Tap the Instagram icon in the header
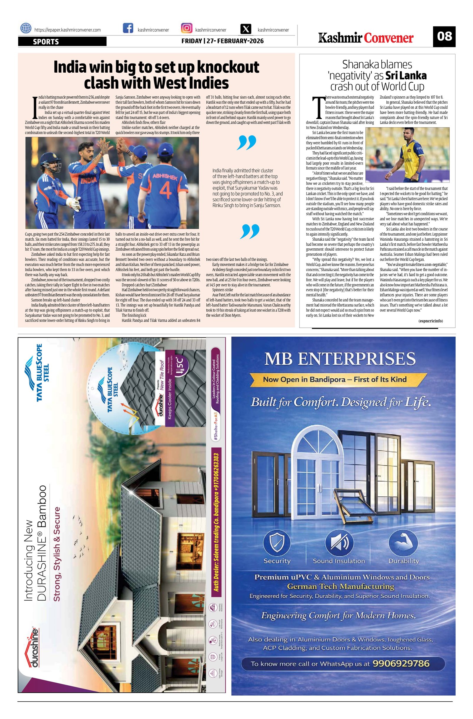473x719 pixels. pyautogui.click(x=187, y=28)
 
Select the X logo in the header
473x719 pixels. pyautogui.click(x=247, y=29)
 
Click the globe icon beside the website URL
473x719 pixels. pyautogui.click(x=26, y=28)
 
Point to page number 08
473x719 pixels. pyautogui.click(x=444, y=36)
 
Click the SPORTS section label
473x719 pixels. pyautogui.click(x=46, y=42)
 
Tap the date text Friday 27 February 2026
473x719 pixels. pyautogui.click(x=222, y=41)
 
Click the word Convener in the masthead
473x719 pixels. pyautogui.click(x=389, y=38)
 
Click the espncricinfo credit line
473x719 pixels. pyautogui.click(x=430, y=321)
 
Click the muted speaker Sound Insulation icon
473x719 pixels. pyautogui.click(x=339, y=543)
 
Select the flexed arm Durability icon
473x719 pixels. pyautogui.click(x=403, y=543)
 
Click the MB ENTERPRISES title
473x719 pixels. pyautogui.click(x=340, y=358)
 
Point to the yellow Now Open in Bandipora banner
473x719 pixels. pyautogui.click(x=334, y=379)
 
